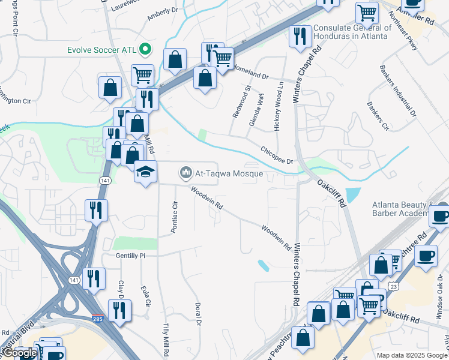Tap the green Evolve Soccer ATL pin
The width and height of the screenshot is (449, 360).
pyautogui.click(x=144, y=49)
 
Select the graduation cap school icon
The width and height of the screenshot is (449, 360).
pyautogui.click(x=145, y=172)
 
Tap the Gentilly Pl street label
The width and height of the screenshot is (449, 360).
pyautogui.click(x=130, y=255)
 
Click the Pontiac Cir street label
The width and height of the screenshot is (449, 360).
pyautogui.click(x=175, y=217)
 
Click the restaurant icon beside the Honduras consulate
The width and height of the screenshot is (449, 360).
pyautogui.click(x=299, y=37)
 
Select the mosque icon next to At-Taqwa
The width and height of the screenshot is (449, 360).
pyautogui.click(x=186, y=174)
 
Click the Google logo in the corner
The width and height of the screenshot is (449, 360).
pyautogui.click(x=20, y=353)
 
